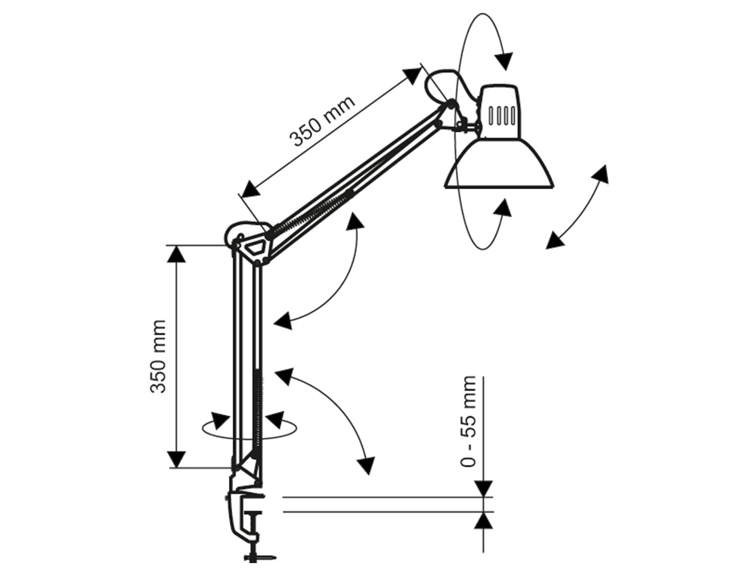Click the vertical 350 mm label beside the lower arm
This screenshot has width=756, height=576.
point(158,356)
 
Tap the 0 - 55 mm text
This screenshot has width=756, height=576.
point(469,421)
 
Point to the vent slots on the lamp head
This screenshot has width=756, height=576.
point(501,116)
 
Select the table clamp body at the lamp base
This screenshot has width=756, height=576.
point(243,506)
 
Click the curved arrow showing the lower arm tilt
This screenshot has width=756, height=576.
point(333,412)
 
